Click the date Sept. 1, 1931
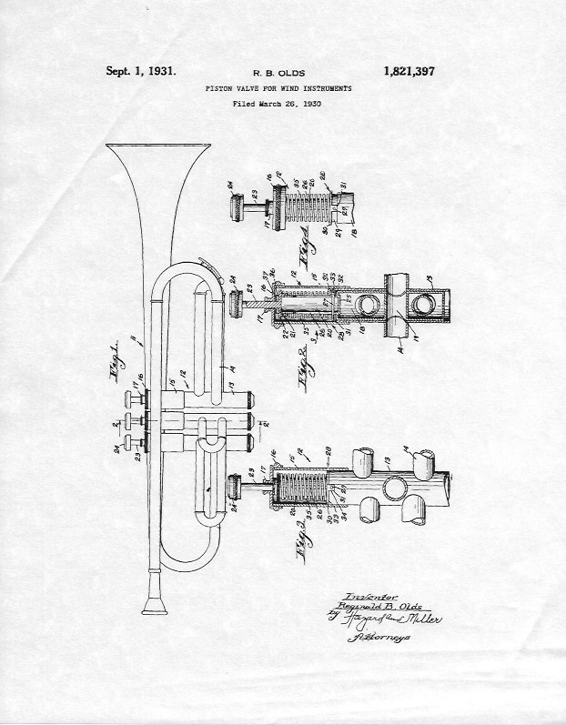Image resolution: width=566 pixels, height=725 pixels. click(141, 70)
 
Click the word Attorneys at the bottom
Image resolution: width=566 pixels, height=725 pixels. click(376, 639)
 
